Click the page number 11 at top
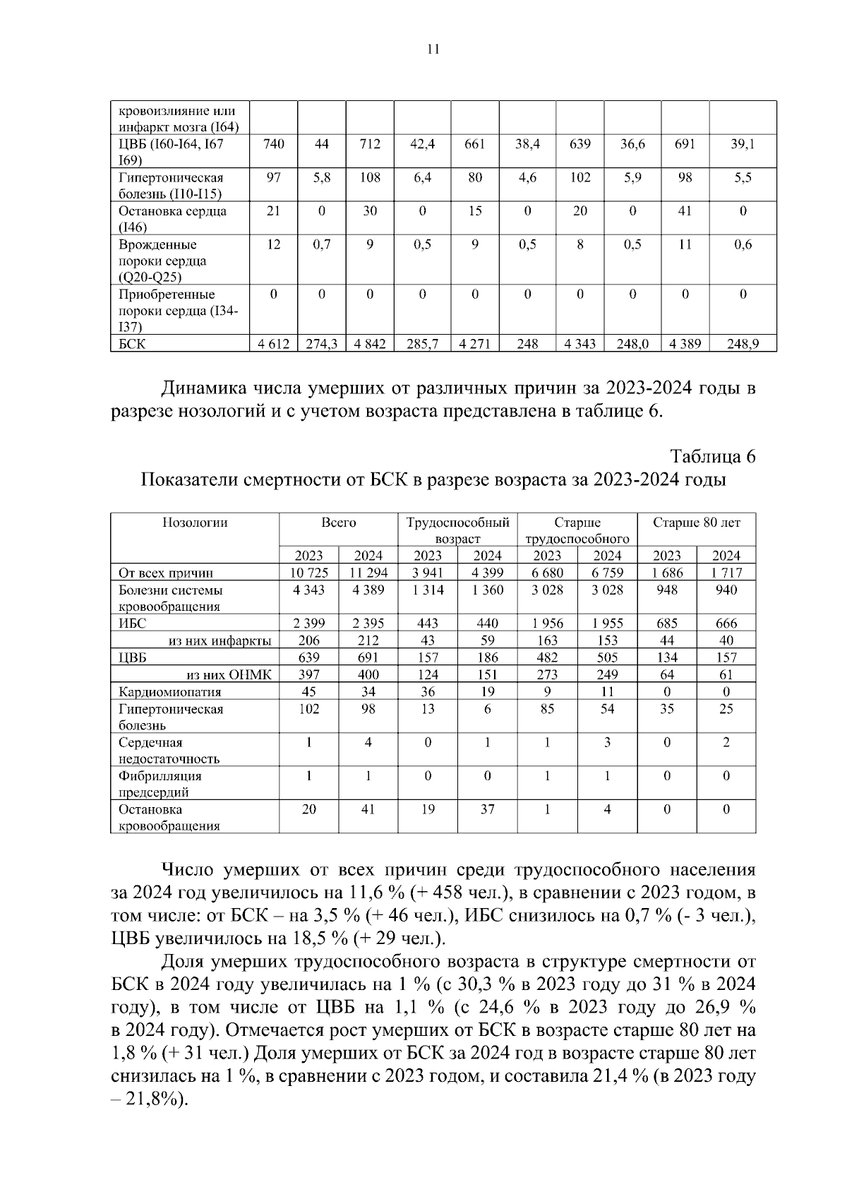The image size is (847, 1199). pos(433,49)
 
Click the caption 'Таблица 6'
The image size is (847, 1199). pos(712,457)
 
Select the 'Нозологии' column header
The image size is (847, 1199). pos(195,523)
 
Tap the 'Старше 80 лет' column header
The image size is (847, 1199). pos(696,523)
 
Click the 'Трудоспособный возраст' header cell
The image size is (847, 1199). pos(457,530)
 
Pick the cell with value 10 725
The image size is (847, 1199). pos(309,573)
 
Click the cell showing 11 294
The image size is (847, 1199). pos(368,573)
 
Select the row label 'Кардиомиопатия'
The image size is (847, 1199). pos(169,692)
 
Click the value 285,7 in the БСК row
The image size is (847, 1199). pos(422,344)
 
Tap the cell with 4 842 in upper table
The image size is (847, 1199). pos(370,344)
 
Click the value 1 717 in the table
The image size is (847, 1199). pos(726,573)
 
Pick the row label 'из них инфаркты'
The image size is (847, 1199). pos(220,641)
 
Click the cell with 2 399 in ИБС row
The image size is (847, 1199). pos(309,624)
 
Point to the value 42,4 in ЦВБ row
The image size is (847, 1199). pos(422,144)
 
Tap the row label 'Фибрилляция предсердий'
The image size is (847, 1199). pos(160,784)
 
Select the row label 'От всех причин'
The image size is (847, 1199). pos(166,573)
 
